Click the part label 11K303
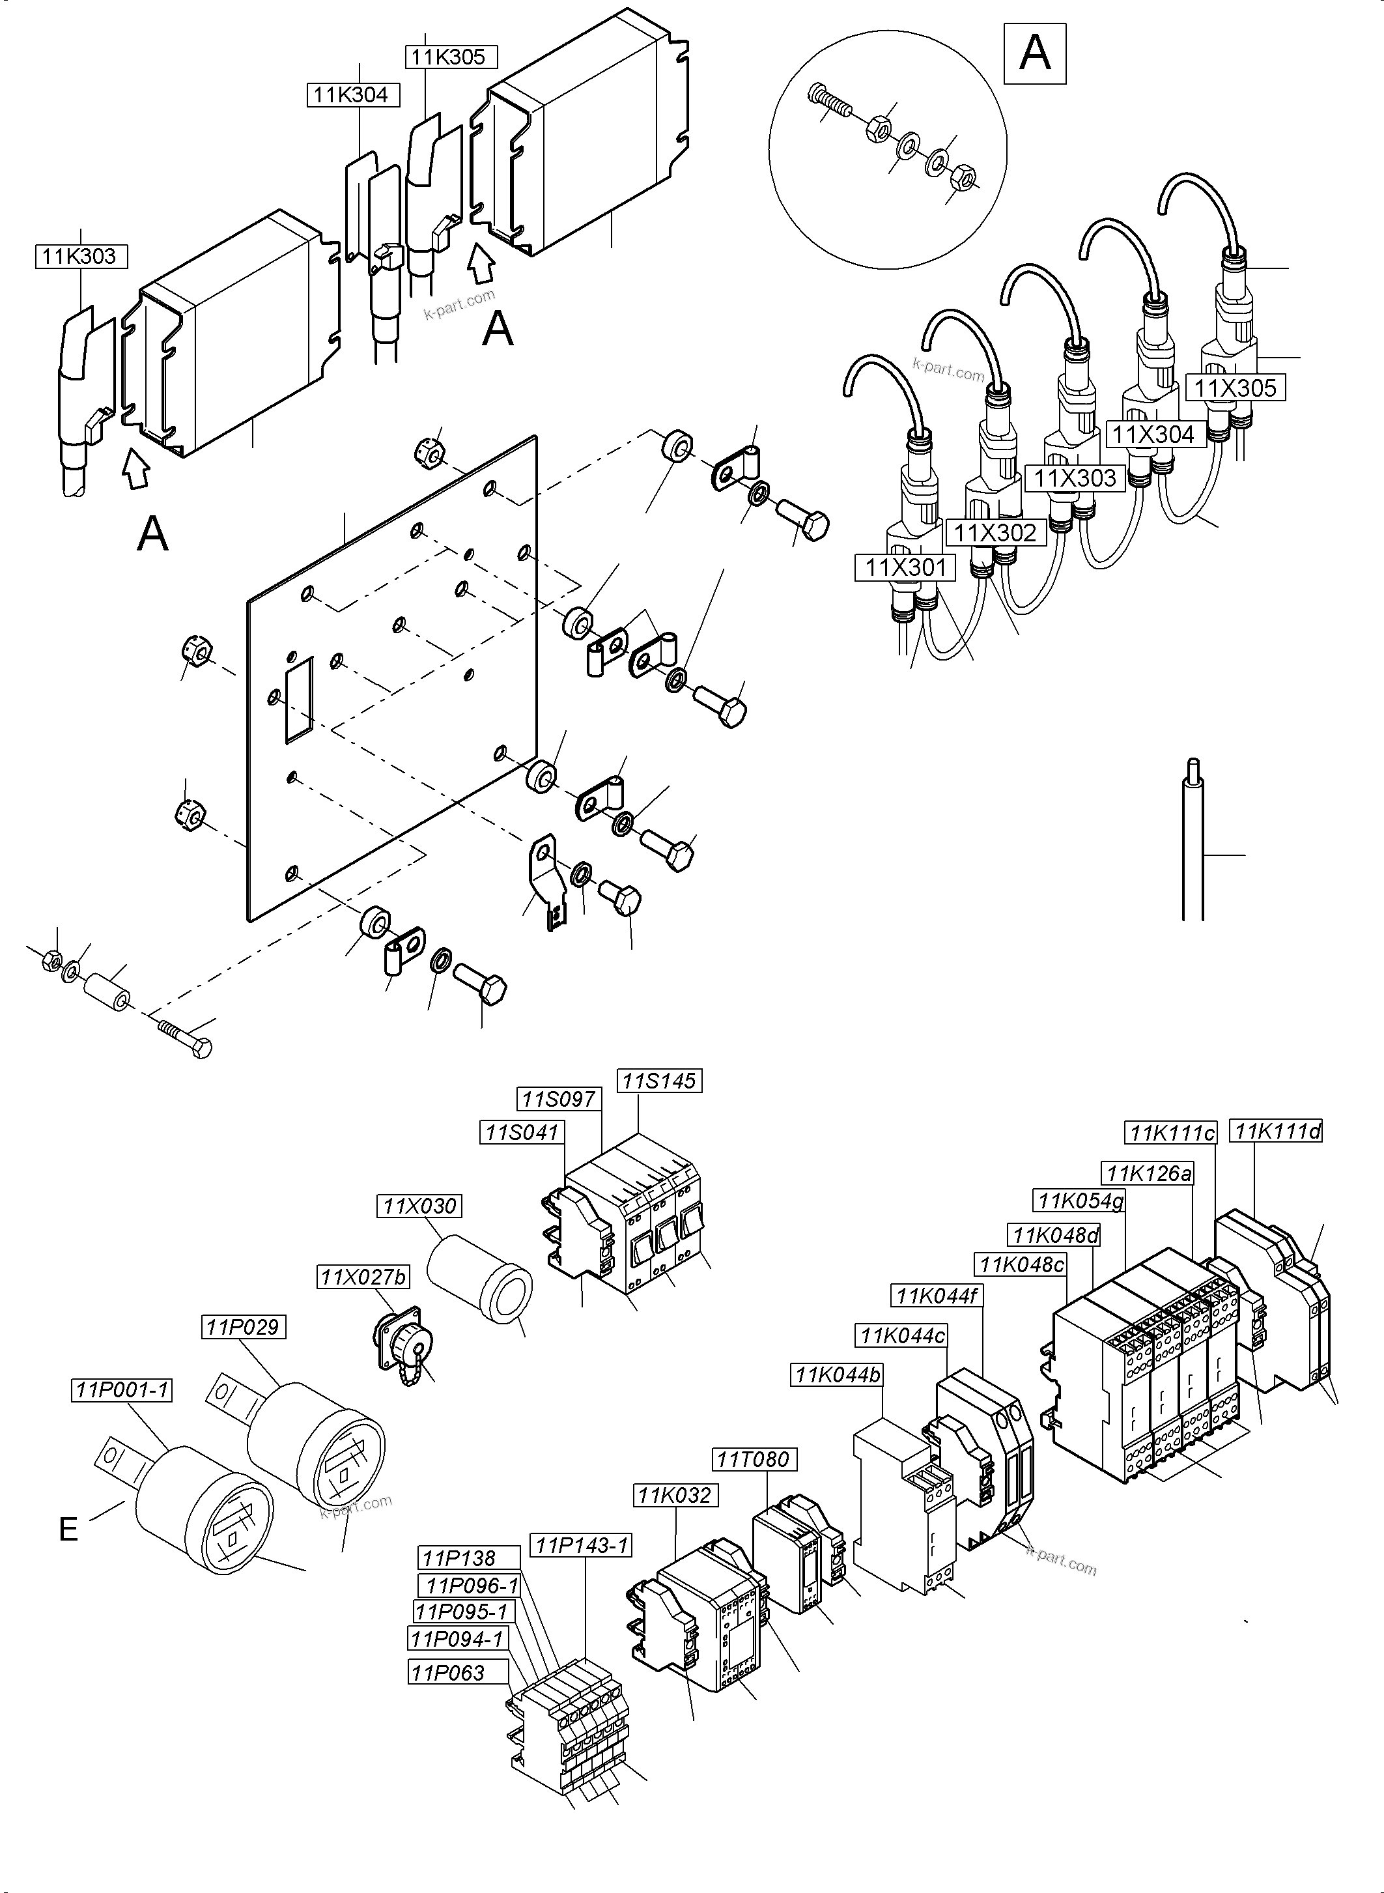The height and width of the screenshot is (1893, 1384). click(x=80, y=257)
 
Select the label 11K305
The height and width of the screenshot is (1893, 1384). click(x=449, y=57)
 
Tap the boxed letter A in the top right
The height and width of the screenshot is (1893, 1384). click(x=1035, y=53)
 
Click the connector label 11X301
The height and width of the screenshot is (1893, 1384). click(x=905, y=568)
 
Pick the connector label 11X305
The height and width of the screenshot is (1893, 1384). click(x=1235, y=388)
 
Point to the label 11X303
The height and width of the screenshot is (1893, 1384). click(x=1075, y=479)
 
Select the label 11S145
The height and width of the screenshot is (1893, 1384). click(x=659, y=1081)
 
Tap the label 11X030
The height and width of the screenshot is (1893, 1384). click(x=419, y=1206)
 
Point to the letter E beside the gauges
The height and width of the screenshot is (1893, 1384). click(x=68, y=1530)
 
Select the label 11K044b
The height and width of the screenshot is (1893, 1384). click(x=837, y=1374)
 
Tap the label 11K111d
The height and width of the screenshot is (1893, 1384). click(x=1277, y=1132)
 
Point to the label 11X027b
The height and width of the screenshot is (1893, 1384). click(x=363, y=1277)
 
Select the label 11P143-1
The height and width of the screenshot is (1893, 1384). click(x=582, y=1545)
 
